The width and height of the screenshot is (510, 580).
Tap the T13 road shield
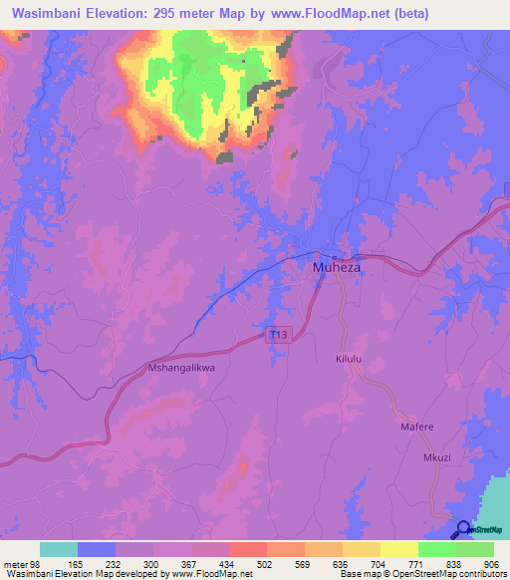[x=280, y=337]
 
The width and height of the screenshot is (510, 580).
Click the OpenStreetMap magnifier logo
[x=464, y=530]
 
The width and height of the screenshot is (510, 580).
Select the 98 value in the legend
[x=41, y=563]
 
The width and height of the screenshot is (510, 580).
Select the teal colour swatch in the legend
[x=59, y=549]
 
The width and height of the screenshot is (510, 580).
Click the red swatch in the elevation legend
[x=247, y=549]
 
